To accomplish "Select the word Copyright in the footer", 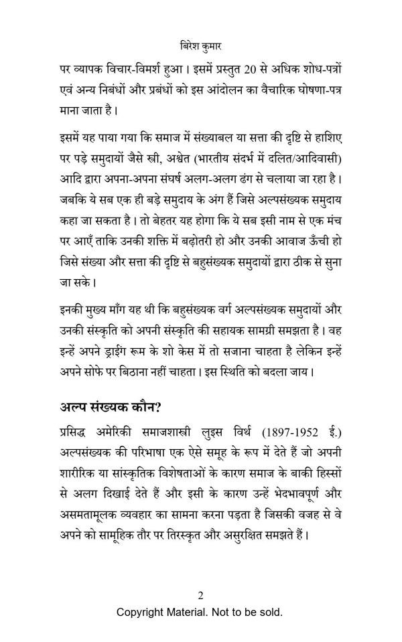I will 140,612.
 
